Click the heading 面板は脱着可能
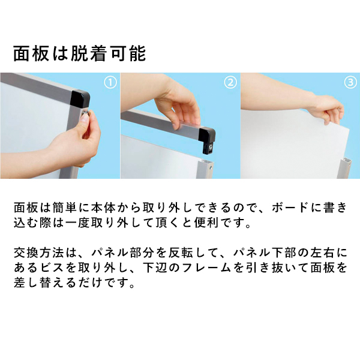(x=79, y=54)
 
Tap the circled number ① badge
(x=110, y=82)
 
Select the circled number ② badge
(x=230, y=82)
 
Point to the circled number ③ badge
(x=350, y=82)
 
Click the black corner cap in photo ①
(x=80, y=99)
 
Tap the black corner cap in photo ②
(x=207, y=140)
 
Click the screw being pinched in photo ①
(x=86, y=112)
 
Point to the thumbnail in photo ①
(x=84, y=118)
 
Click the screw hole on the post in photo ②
(x=209, y=169)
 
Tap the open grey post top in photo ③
(x=345, y=161)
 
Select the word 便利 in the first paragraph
(x=207, y=223)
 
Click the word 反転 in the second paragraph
(x=181, y=253)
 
